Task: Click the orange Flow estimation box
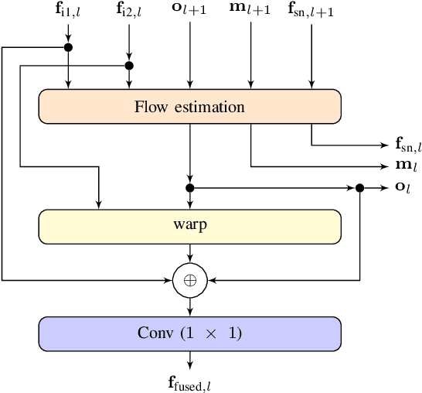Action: pos(189,106)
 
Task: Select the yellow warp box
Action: pos(189,225)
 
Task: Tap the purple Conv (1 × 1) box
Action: pos(189,333)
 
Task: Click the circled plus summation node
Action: pos(189,279)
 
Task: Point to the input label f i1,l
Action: pos(68,11)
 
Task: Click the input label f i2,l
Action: pos(129,11)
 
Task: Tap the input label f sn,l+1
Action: pos(311,11)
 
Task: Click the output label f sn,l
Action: pos(407,145)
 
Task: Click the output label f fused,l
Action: pos(189,381)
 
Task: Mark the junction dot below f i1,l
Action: pos(68,48)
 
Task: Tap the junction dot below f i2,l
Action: pos(129,66)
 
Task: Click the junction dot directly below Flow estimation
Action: pos(189,187)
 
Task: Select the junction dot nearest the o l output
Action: pos(360,187)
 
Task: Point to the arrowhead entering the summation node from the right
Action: pos(210,279)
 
